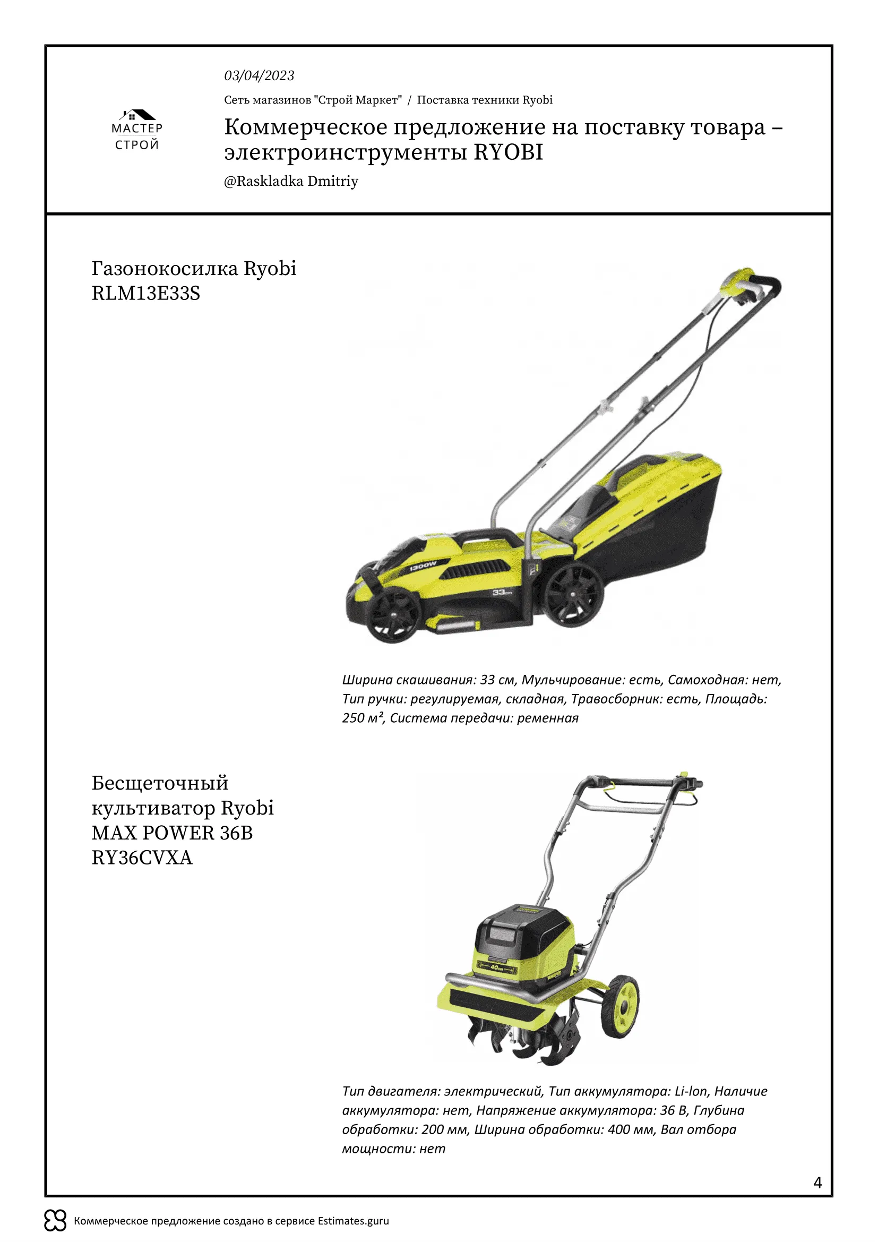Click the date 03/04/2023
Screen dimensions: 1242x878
[x=259, y=76]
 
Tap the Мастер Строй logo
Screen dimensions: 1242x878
[x=137, y=130]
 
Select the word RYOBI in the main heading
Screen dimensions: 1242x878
[x=508, y=152]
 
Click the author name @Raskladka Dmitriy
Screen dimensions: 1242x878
[x=291, y=181]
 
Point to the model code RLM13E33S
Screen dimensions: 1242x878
[x=146, y=293]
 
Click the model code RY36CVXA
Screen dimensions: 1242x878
[x=142, y=858]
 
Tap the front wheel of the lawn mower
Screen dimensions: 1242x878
[x=393, y=614]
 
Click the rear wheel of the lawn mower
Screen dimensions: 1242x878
[x=574, y=594]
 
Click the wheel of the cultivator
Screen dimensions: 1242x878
[x=620, y=1006]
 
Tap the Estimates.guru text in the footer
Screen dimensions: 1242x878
[x=353, y=1220]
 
